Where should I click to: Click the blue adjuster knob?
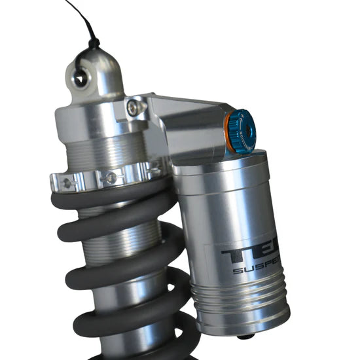click(243, 131)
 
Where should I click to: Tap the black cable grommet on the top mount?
click(94, 45)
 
